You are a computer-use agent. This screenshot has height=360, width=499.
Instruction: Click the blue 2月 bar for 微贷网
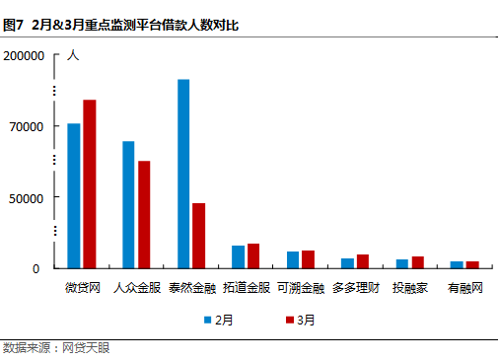[x=74, y=195]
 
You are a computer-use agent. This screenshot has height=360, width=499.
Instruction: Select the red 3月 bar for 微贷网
[x=90, y=183]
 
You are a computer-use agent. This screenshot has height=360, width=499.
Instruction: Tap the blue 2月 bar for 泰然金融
[x=183, y=174]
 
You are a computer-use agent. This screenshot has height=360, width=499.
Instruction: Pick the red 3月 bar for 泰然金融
[x=199, y=236]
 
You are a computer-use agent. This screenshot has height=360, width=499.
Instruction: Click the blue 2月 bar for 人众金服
[x=128, y=204]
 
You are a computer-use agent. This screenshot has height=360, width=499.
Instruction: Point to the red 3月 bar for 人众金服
[x=144, y=214]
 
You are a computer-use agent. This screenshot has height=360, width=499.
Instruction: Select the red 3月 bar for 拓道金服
[x=253, y=255]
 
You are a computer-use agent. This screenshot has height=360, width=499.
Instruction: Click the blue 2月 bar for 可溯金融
[x=293, y=259]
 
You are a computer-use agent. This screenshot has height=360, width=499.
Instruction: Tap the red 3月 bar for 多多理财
[x=363, y=261]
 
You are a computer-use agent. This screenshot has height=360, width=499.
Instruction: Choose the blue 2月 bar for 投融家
[x=402, y=263]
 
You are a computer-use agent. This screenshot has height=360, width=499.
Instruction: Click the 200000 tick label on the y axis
[x=26, y=56]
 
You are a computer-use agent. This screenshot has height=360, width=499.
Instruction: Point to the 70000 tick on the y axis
[x=29, y=127]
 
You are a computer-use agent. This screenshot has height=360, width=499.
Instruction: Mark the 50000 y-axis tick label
[x=29, y=198]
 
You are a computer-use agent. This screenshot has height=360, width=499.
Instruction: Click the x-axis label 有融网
[x=463, y=289]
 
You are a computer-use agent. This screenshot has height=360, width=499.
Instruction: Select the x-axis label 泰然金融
[x=191, y=289]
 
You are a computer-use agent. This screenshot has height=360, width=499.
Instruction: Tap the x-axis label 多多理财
[x=355, y=289]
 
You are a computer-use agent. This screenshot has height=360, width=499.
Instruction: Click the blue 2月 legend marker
[x=209, y=320]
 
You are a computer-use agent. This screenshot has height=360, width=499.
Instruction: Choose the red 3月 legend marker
[x=290, y=320]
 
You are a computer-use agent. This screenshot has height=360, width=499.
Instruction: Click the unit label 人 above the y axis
[x=72, y=55]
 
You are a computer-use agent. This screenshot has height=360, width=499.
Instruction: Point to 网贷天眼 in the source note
[x=86, y=348]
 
